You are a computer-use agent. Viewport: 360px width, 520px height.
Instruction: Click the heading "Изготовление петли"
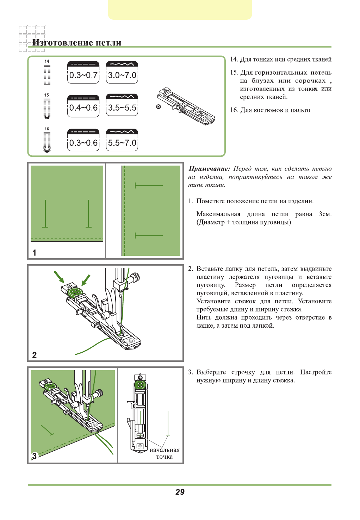pos(77,43)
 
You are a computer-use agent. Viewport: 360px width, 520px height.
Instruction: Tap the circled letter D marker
pos(159,107)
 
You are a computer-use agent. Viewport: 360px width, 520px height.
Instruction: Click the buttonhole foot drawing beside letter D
pos(187,106)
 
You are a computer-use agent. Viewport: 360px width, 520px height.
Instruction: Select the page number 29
pos(180,492)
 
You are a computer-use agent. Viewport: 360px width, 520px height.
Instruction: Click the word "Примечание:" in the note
pos(209,169)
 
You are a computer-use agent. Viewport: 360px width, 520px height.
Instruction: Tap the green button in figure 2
pos(75,292)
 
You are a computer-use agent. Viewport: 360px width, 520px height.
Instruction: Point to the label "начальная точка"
pos(165,453)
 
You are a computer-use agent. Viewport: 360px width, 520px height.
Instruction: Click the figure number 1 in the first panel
pos(34,253)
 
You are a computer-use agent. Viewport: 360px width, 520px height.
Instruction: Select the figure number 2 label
pos(34,355)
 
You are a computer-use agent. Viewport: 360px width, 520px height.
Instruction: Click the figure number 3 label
pos(34,456)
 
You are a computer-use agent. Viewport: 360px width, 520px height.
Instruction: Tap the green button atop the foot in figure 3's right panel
pos(140,384)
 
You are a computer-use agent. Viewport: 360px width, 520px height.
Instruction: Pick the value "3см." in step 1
pos(325,214)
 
